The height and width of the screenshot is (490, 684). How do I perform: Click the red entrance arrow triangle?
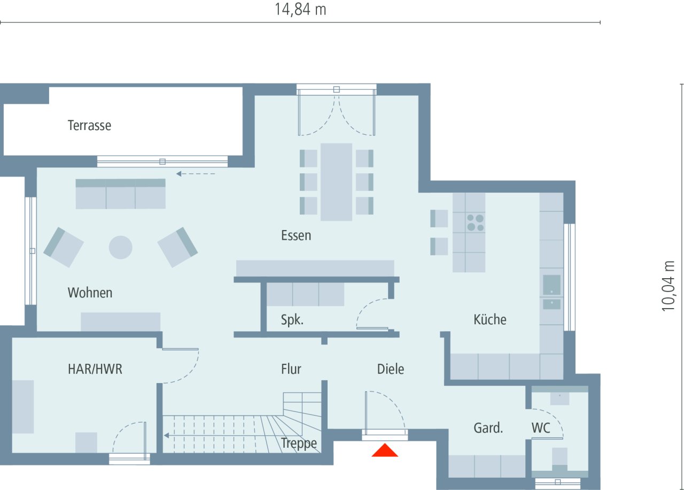coord(385,451)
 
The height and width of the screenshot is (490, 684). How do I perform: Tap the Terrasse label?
coord(89,126)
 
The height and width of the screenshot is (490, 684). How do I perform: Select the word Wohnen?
coord(90,293)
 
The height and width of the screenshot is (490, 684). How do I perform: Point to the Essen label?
coord(296,235)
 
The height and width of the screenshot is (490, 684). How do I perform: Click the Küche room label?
coord(489,319)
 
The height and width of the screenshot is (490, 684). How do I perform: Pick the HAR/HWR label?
coord(95,369)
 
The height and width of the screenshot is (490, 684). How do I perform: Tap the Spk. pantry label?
coord(292,320)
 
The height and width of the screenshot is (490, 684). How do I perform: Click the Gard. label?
coord(488,428)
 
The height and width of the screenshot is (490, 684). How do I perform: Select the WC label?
coord(541,428)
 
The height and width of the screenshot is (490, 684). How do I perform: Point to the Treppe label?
coord(299,443)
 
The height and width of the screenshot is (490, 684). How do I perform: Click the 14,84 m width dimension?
coord(300,10)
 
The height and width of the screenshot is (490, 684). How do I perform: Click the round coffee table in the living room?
coord(120,247)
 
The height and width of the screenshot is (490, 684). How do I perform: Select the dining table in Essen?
coord(336,182)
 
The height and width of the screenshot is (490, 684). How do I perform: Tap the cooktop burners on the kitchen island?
coord(475,223)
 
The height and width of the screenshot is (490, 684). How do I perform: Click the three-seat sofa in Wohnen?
coord(120,194)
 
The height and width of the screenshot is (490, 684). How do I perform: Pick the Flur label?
coord(291,369)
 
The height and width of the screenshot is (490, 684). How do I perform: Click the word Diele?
coord(391,369)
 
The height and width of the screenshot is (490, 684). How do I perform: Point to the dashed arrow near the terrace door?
coord(196,174)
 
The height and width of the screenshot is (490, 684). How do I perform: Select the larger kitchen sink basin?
coord(551,285)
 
